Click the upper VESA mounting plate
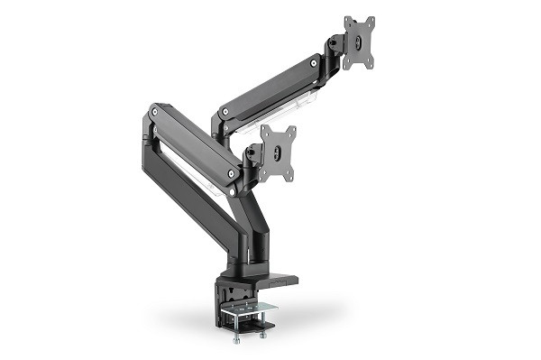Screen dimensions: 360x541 coord(359,42)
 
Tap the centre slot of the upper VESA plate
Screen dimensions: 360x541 coord(359,42)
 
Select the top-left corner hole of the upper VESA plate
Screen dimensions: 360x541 coord(347,22)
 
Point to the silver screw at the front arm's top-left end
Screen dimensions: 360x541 coord(155,113)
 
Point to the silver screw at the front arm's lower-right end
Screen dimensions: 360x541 coord(232,172)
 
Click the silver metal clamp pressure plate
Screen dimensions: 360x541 coord(248,312)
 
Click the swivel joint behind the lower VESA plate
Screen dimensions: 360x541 coord(254,153)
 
